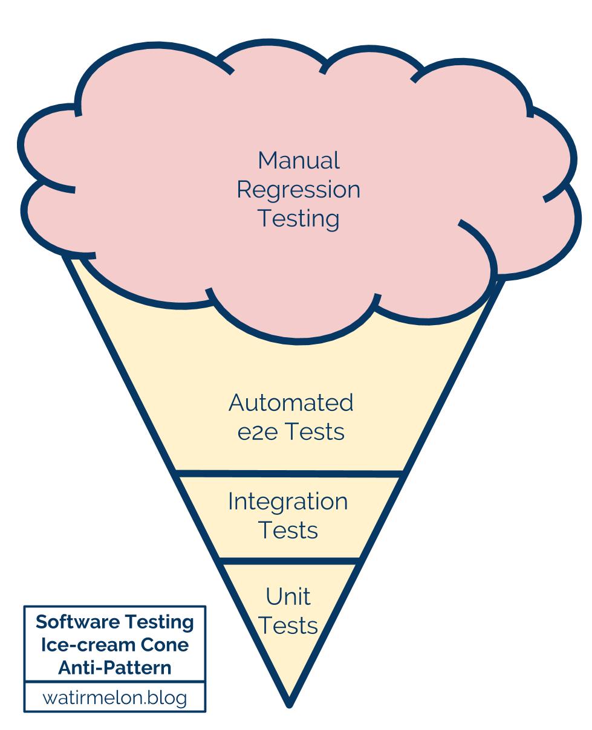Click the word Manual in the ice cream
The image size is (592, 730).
point(299,161)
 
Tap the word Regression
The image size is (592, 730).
point(298,190)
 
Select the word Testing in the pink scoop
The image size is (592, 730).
point(299,218)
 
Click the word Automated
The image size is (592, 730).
point(291,402)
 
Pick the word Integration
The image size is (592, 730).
point(288,502)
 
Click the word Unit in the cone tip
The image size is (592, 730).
point(288,597)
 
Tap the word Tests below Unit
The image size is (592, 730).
point(288,625)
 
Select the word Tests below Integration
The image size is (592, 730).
point(288,530)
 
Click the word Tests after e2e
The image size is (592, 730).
point(314,432)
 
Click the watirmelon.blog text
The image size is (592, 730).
point(115,698)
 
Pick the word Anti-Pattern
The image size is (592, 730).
point(115,668)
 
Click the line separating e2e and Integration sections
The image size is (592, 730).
point(289,473)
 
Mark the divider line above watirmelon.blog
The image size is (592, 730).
point(115,683)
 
